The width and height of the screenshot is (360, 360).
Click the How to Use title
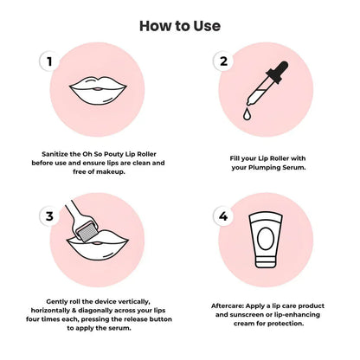(x=179, y=26)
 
